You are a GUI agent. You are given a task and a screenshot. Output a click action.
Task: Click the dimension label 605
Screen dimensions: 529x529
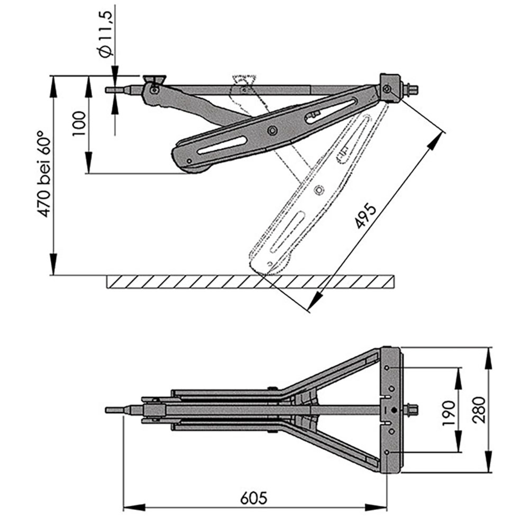pos(254,498)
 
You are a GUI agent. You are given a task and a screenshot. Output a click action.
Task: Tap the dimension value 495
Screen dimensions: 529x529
pos(366,216)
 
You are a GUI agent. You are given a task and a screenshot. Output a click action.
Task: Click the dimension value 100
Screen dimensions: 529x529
pos(79,124)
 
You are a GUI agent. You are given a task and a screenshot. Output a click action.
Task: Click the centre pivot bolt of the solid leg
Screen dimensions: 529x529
pos(272,130)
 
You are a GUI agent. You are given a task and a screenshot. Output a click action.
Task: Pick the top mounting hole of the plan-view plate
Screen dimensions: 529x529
pos(386,368)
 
